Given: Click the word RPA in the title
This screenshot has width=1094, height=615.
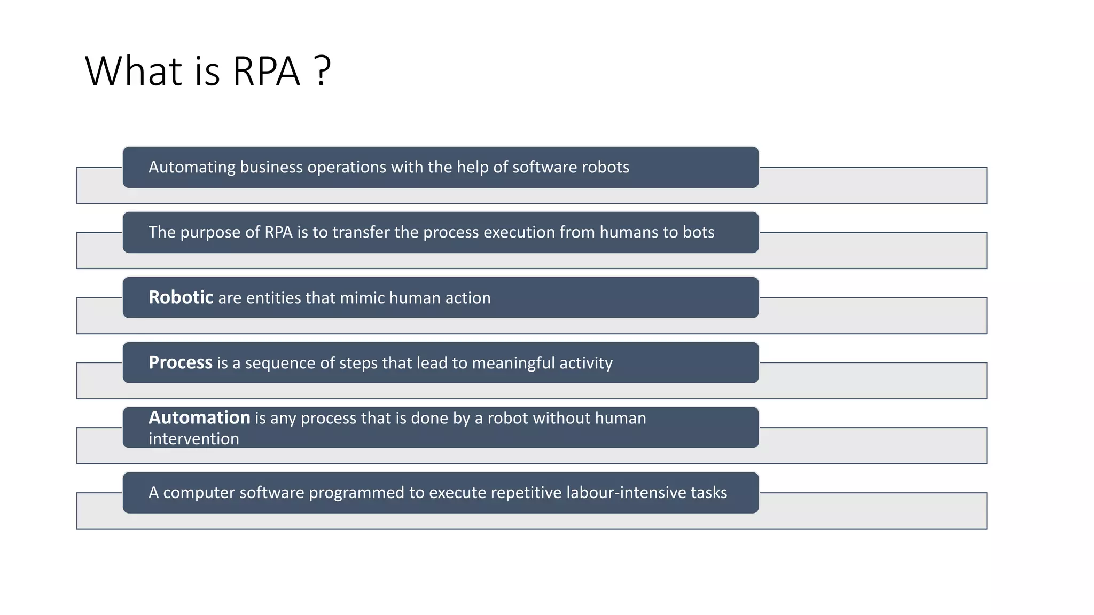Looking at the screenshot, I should tap(267, 71).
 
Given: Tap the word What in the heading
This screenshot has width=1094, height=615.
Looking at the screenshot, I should tap(134, 71).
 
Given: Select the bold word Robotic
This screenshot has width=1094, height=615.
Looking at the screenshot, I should tap(181, 297).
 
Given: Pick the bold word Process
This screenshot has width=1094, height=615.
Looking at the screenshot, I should tap(181, 362).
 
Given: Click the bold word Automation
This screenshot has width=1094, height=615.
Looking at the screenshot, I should tap(199, 417).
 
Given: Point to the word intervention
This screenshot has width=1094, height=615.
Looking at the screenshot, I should tap(193, 439).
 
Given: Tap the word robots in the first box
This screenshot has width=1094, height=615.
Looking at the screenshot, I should tap(605, 167).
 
